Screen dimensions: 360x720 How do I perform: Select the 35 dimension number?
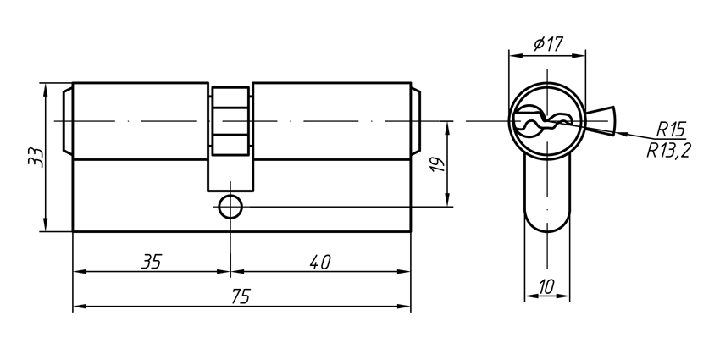pyautogui.click(x=151, y=262)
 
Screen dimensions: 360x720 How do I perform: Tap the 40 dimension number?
pyautogui.click(x=319, y=262)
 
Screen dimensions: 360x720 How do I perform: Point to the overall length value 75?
pyautogui.click(x=241, y=297)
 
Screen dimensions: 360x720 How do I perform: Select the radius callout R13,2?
pyautogui.click(x=668, y=151)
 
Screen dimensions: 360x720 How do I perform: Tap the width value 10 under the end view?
pyautogui.click(x=546, y=287)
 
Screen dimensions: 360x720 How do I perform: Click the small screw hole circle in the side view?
pyautogui.click(x=230, y=205)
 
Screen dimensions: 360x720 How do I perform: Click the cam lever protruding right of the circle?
pyautogui.click(x=602, y=120)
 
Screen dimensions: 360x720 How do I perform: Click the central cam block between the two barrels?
pyautogui.click(x=230, y=122)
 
